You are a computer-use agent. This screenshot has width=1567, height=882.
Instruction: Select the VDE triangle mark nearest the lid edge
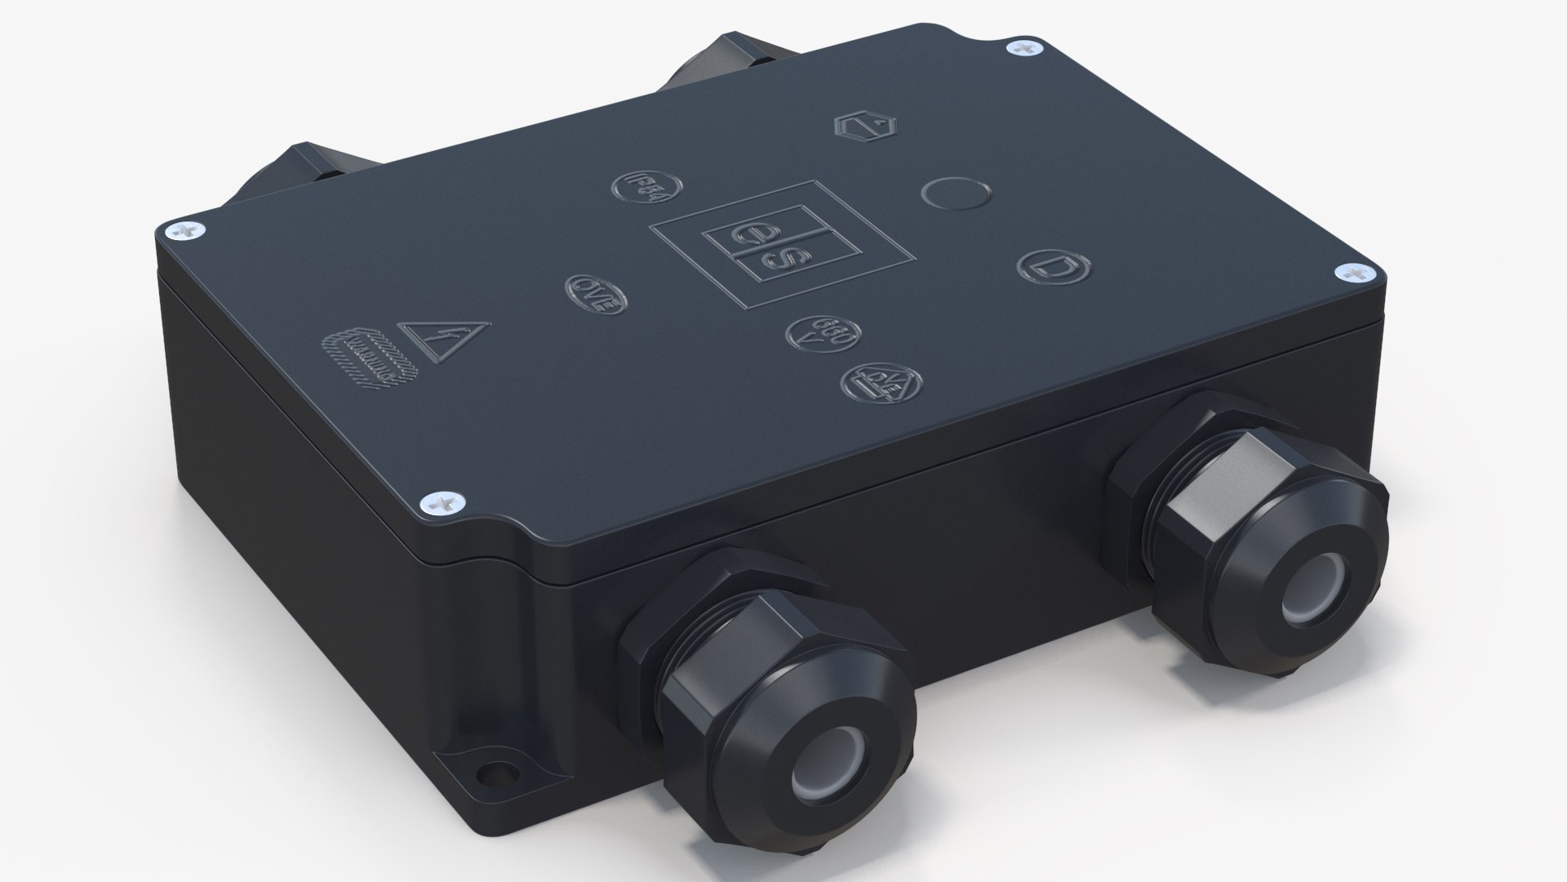(x=881, y=385)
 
